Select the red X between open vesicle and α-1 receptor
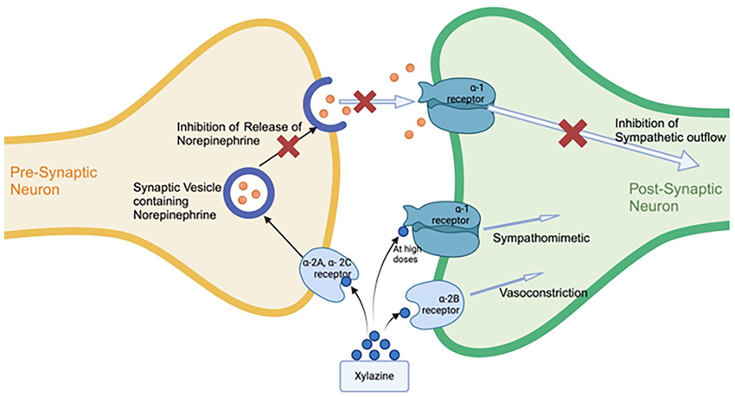pos(365,102)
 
